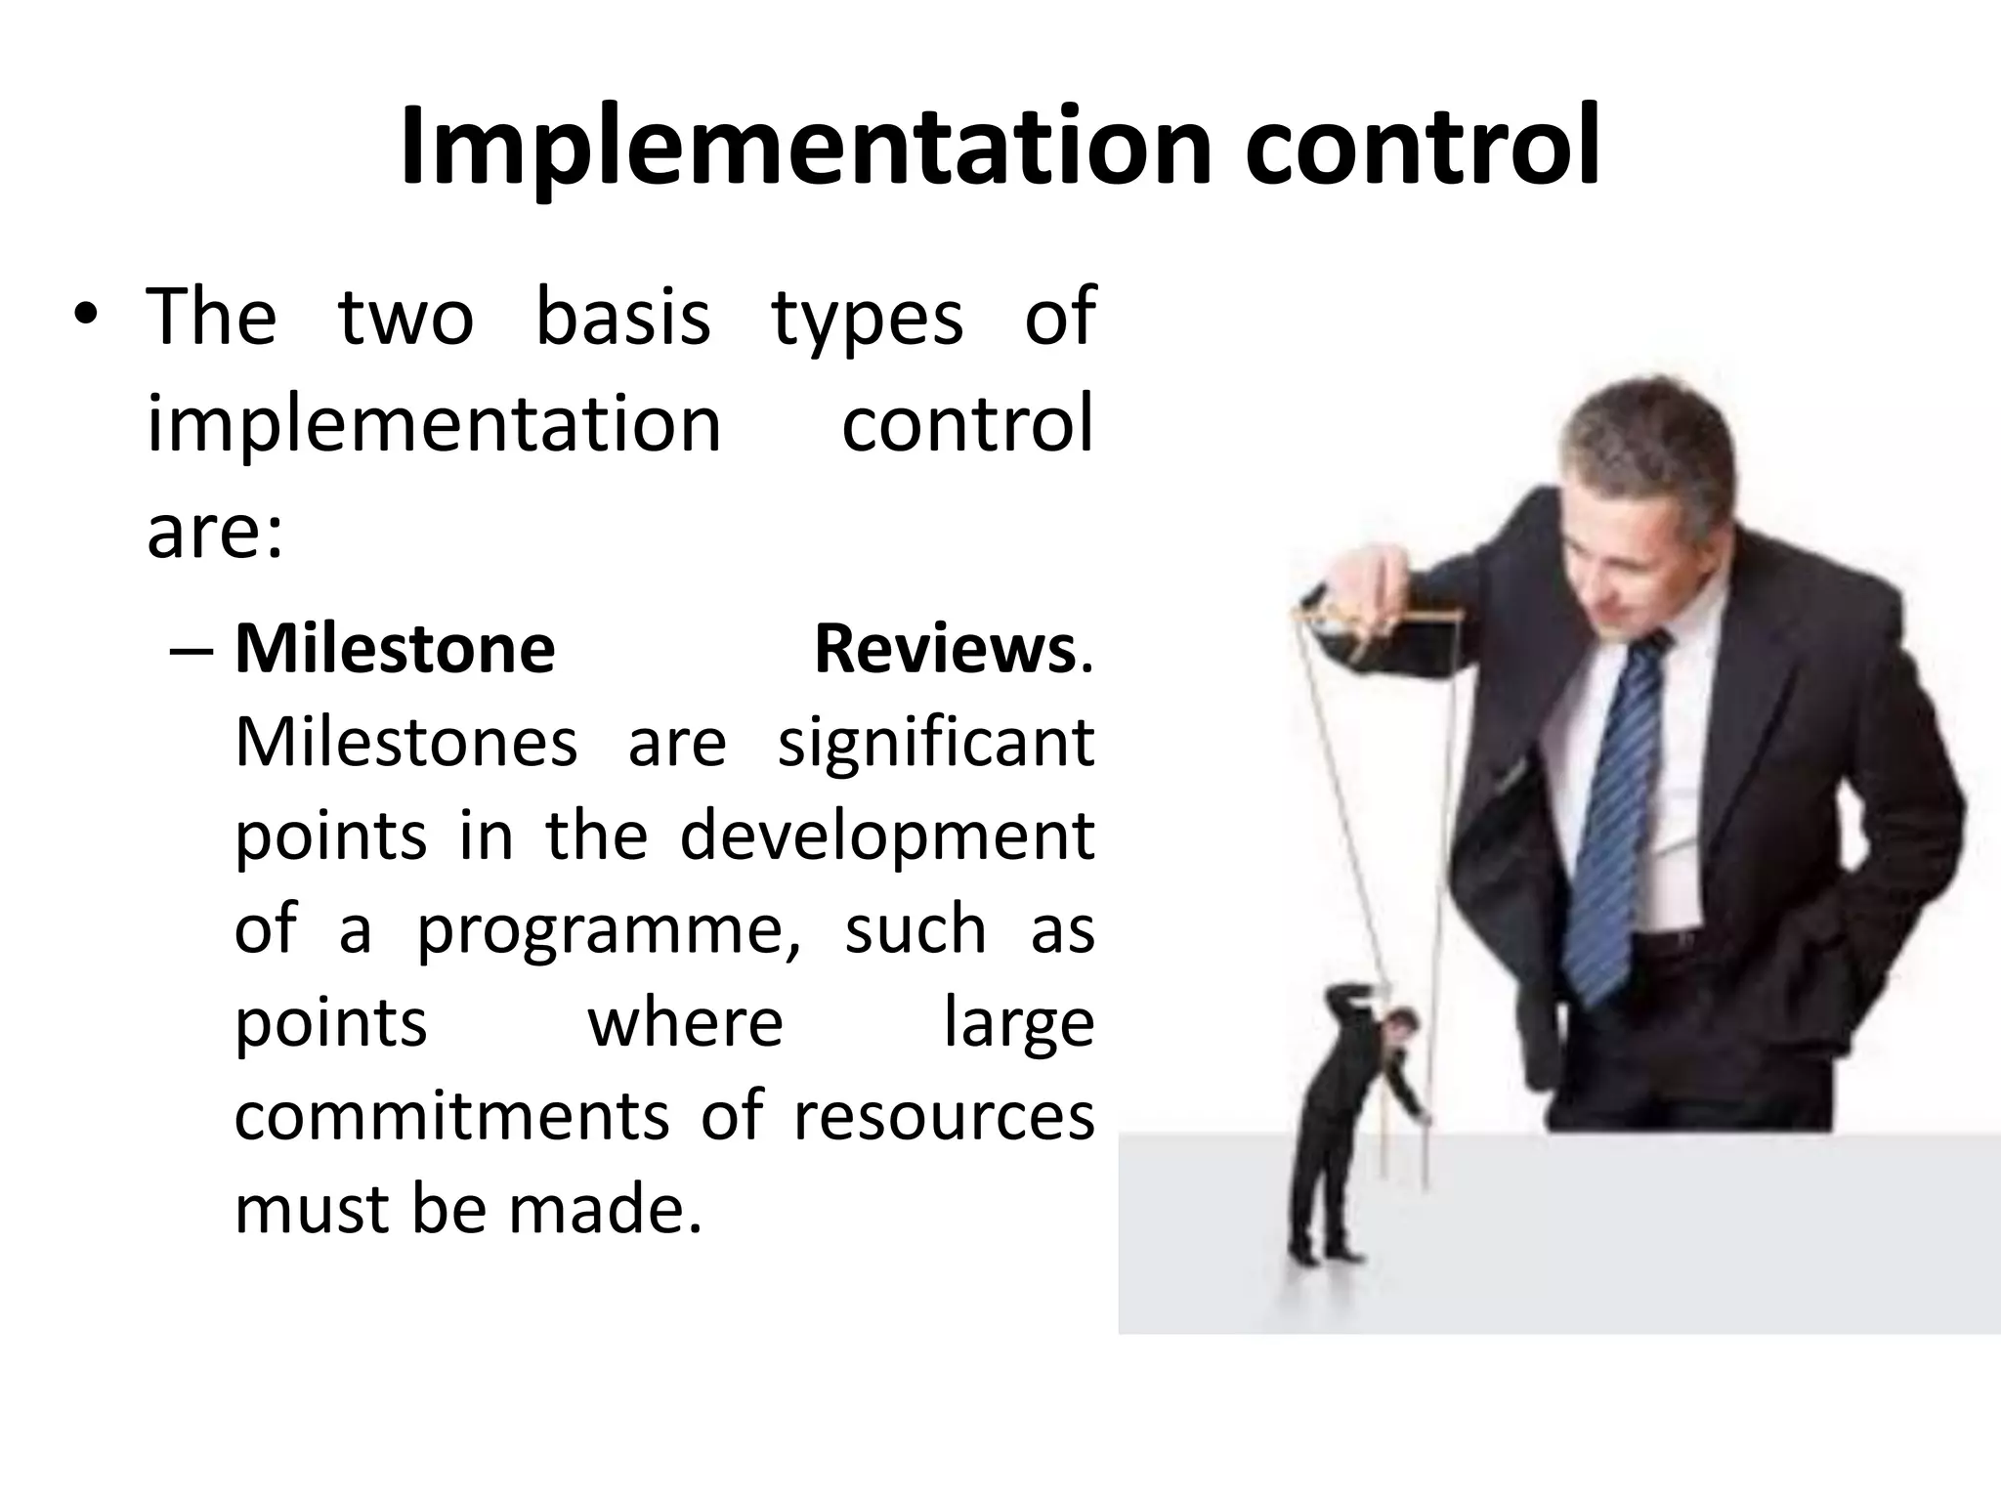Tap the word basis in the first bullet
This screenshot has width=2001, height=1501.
(x=622, y=318)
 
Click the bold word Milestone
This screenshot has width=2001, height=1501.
(x=395, y=649)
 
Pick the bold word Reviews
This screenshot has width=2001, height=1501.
(x=945, y=649)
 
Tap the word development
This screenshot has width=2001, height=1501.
(x=886, y=836)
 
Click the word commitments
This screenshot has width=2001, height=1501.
(x=451, y=1116)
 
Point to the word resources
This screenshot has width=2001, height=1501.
(x=943, y=1116)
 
